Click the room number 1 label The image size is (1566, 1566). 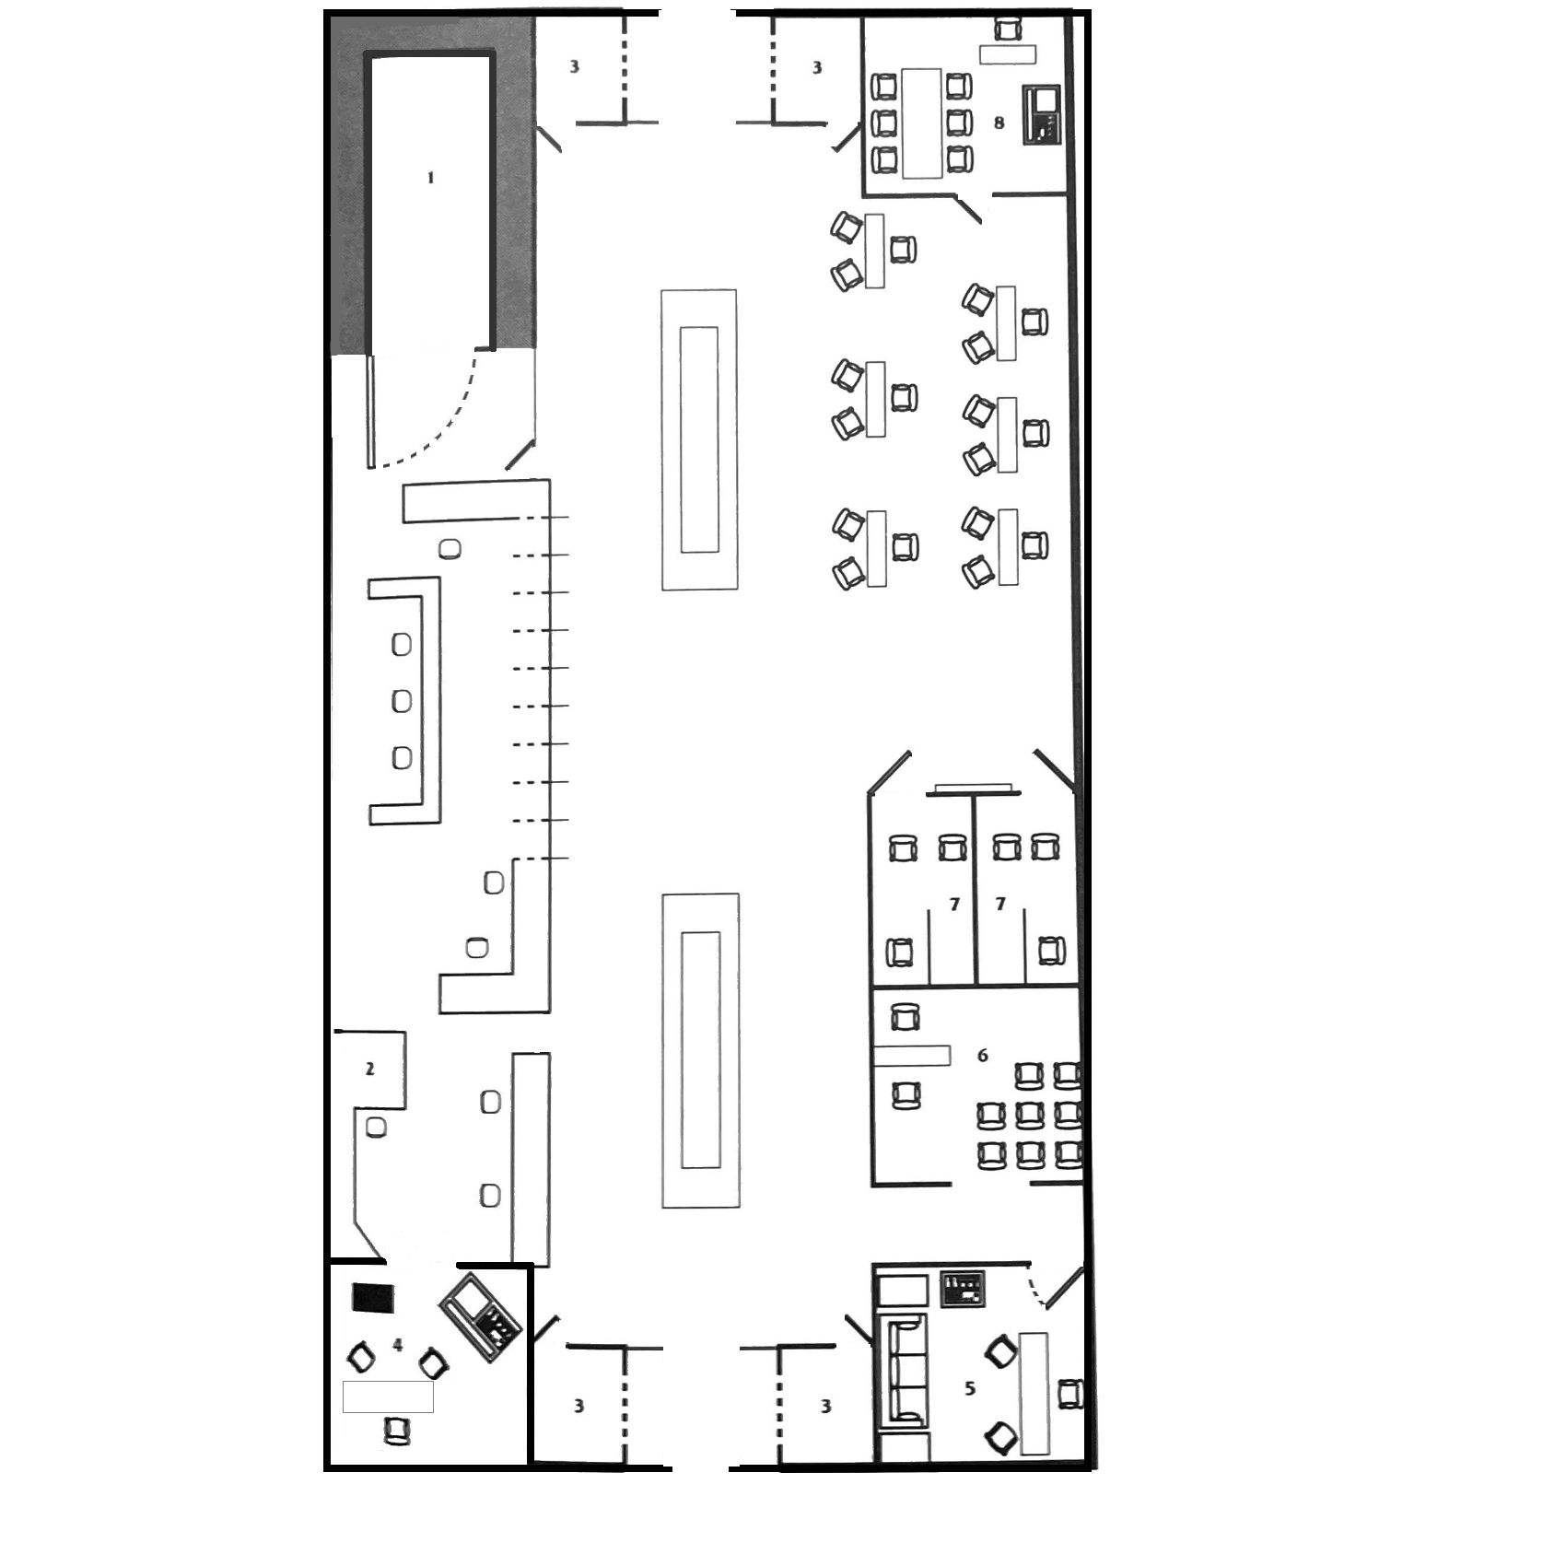coord(430,178)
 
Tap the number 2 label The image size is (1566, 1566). coord(370,1069)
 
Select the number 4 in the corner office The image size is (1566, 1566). coord(398,1346)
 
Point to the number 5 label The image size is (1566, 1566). coord(969,1388)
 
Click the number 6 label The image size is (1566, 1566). coord(982,1056)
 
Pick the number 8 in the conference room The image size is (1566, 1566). coord(999,123)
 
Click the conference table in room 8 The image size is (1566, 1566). coord(921,123)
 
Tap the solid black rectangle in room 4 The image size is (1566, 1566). coord(374,1299)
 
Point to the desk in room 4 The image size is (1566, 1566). coord(388,1397)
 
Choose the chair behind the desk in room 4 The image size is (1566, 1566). coord(397,1431)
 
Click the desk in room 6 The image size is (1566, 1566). coord(912,1056)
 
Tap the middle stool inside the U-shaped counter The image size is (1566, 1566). coord(402,701)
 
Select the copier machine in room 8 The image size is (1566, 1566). coord(1042,114)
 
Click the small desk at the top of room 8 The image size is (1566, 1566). coord(1007,54)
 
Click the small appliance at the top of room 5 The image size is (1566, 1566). coord(963,1288)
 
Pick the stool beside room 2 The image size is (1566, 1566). coord(376,1127)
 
